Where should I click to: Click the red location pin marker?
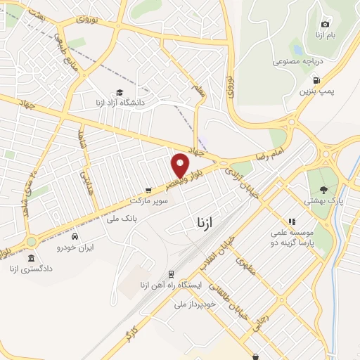click(x=181, y=165)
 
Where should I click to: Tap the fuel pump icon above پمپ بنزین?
click(x=316, y=80)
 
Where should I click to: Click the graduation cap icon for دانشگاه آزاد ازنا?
click(x=120, y=92)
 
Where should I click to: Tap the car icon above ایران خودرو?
click(x=75, y=237)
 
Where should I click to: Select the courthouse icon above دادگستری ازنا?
click(x=31, y=259)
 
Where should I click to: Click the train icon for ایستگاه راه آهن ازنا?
click(x=171, y=274)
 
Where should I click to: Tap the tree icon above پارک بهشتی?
click(x=323, y=189)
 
